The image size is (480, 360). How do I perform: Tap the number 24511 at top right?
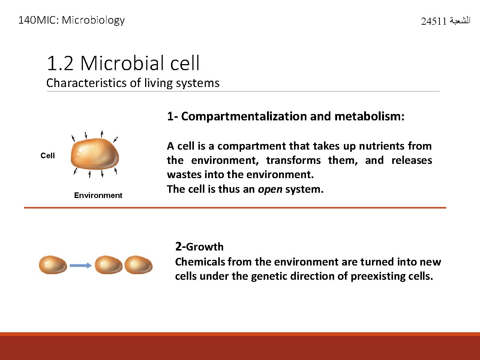point(433,22)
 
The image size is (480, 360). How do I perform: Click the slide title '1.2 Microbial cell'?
point(123,63)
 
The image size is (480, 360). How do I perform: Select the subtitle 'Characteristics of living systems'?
point(133,83)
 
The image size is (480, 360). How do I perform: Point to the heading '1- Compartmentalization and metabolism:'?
point(286,116)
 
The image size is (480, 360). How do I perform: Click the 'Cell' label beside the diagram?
point(48,156)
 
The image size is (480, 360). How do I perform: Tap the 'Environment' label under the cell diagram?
point(98,195)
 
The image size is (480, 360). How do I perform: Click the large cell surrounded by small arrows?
point(94,154)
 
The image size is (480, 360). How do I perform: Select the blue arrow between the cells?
point(81,265)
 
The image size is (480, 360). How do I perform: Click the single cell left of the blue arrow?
point(53,265)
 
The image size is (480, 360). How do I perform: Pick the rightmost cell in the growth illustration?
point(138,265)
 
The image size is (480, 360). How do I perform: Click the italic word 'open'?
point(270,189)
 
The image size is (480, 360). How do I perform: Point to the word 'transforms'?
point(293,160)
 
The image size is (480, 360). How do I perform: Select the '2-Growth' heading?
point(199,247)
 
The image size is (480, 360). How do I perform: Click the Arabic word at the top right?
point(459,21)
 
